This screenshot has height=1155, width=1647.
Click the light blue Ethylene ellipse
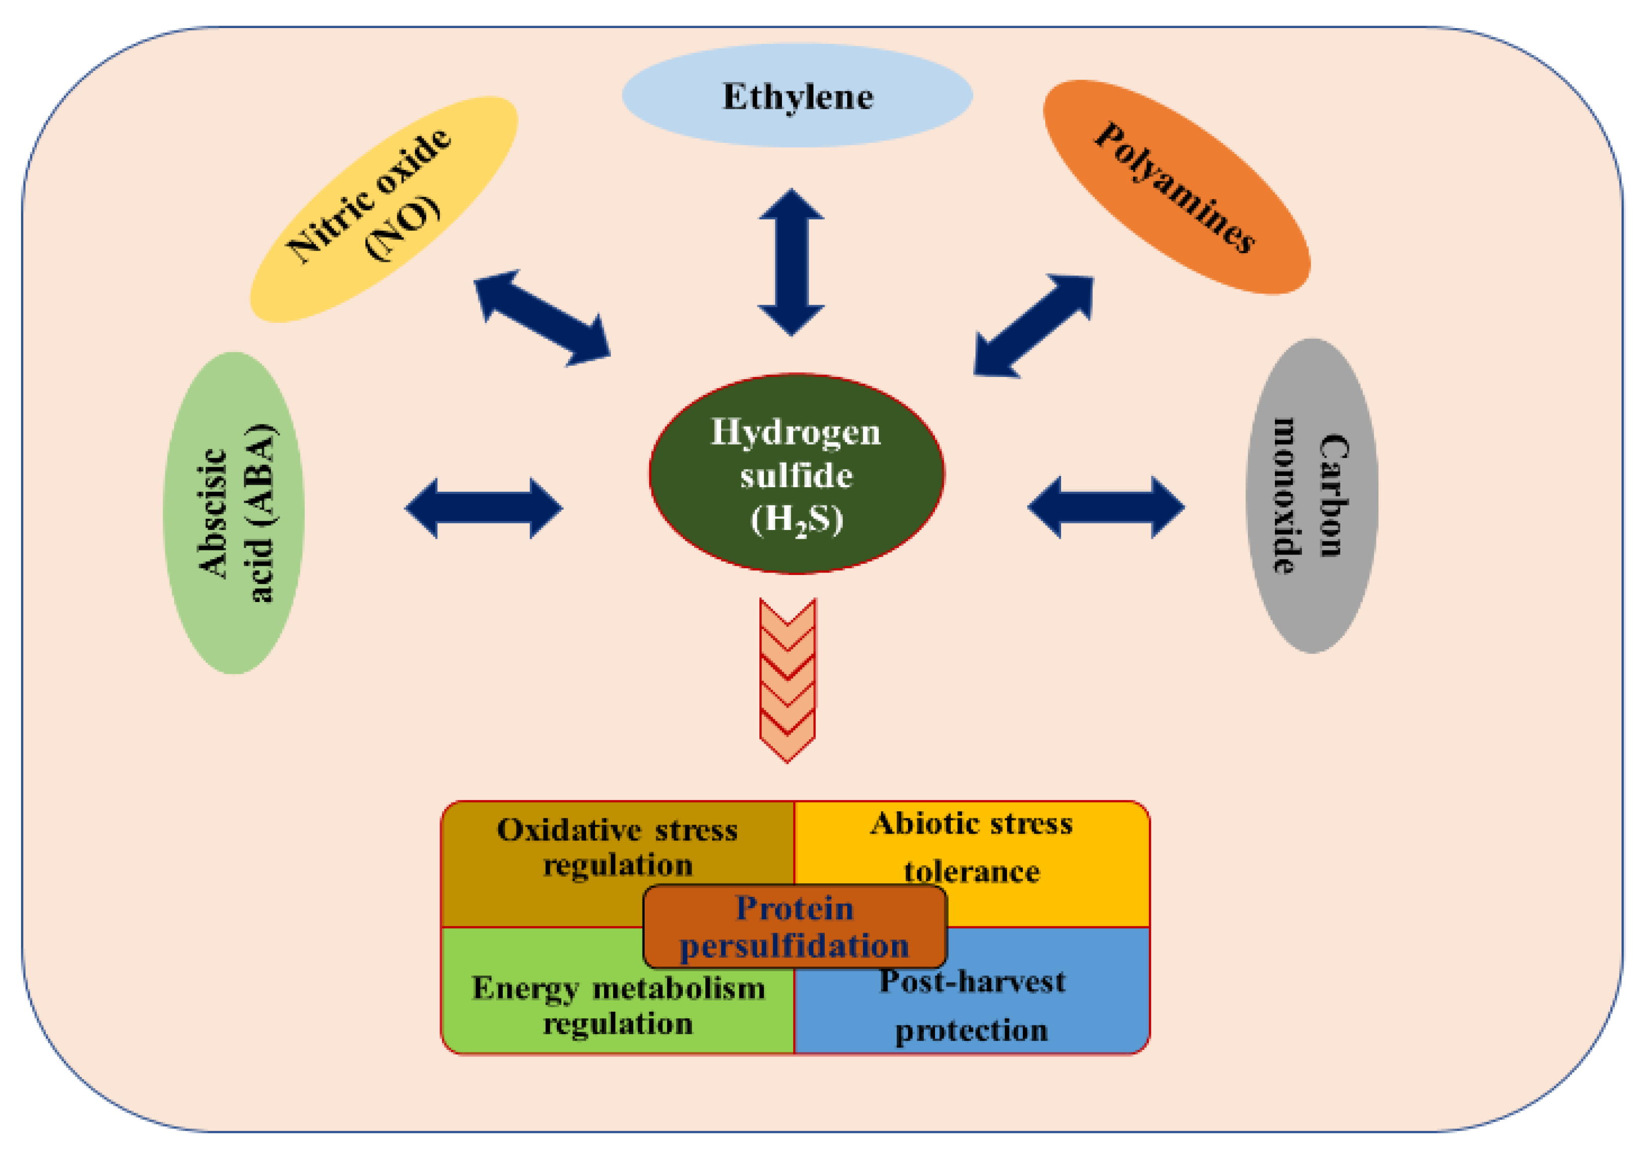[x=796, y=96]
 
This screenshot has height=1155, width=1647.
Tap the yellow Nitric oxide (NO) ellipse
[x=384, y=209]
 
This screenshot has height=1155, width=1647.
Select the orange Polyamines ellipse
[x=1176, y=187]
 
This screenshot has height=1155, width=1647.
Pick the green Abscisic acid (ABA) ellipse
[x=234, y=513]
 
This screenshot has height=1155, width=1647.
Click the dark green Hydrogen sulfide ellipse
[x=796, y=473]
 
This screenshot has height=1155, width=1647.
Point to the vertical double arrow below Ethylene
[x=791, y=262]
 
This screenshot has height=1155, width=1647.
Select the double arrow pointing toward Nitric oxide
[x=542, y=318]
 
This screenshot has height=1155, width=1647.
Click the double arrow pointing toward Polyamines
[x=1034, y=325]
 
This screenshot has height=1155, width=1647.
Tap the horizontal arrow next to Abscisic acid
[x=483, y=508]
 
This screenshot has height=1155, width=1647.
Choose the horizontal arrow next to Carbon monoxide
[x=1106, y=507]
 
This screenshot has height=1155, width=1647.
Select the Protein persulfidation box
[x=795, y=927]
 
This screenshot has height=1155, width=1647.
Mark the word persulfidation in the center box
[x=795, y=946]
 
